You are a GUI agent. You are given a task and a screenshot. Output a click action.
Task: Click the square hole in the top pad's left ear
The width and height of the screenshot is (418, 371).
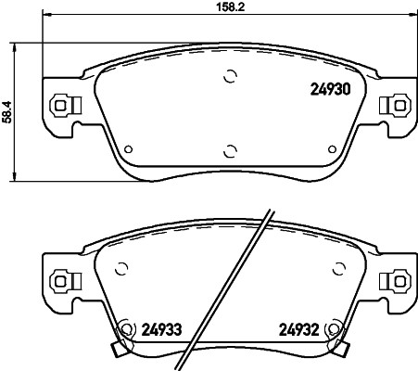pos(62,105)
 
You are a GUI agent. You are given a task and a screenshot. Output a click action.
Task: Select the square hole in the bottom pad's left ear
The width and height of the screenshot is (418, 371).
pos(62,277)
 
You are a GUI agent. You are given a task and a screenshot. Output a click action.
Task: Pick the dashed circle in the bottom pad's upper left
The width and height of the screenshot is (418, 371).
pos(119,269)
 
